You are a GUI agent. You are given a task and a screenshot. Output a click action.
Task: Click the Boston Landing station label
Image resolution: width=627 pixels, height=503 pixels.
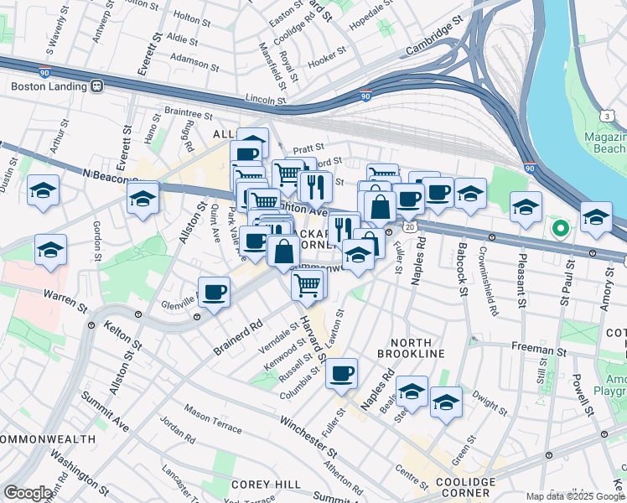49,86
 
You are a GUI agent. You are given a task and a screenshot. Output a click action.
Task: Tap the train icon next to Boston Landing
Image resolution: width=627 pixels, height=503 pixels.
98,86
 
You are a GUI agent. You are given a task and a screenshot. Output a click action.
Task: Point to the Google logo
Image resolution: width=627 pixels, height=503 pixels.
28,493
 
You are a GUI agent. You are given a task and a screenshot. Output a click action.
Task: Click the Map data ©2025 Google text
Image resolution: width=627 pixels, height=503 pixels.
573,496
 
